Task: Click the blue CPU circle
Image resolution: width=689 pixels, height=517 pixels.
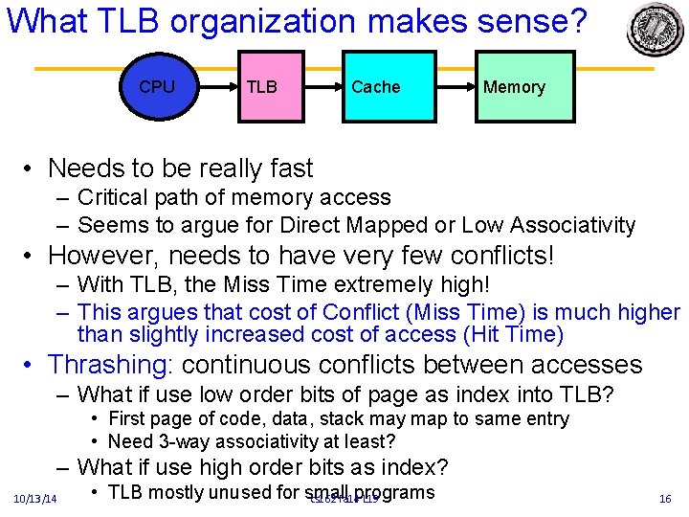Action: click(158, 87)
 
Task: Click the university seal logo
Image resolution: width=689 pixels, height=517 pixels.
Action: click(656, 28)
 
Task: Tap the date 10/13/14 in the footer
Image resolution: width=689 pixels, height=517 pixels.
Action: click(35, 499)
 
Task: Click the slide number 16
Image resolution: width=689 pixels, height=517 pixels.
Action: click(665, 499)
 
